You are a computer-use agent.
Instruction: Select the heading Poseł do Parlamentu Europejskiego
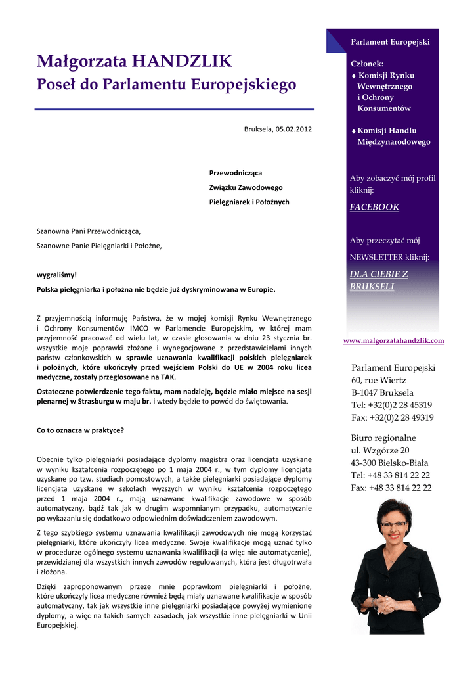[166, 85]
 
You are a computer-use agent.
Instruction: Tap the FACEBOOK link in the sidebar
[374, 207]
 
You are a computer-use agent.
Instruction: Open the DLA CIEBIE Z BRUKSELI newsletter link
[379, 280]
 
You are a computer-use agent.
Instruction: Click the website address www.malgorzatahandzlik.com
[394, 340]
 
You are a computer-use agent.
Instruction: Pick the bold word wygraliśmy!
[57, 275]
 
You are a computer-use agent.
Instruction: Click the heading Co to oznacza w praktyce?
[80, 430]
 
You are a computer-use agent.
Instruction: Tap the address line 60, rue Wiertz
[379, 381]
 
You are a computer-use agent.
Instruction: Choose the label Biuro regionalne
[383, 438]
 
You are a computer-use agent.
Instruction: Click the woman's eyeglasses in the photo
[393, 524]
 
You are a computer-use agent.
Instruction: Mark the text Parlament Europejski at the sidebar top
[391, 42]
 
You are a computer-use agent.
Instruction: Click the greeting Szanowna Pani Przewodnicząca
[89, 231]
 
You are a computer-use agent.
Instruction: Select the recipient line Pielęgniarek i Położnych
[249, 202]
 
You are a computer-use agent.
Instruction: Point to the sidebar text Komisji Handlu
[387, 131]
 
